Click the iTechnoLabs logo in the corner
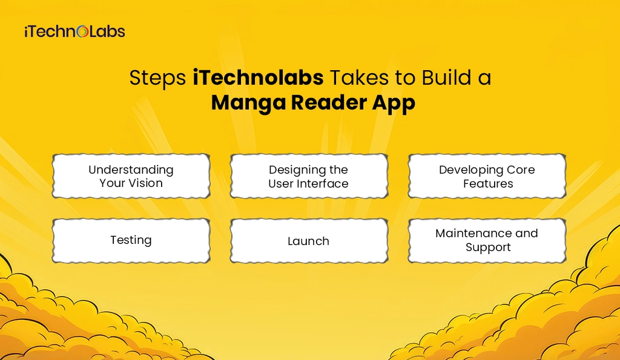(74, 31)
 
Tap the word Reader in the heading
(327, 102)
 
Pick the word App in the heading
(393, 103)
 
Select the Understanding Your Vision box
(131, 176)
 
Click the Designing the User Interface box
(308, 176)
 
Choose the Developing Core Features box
(487, 176)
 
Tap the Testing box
(131, 240)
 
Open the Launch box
(308, 241)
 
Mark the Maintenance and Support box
(487, 240)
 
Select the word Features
(488, 183)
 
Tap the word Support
(488, 247)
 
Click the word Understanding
(131, 169)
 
